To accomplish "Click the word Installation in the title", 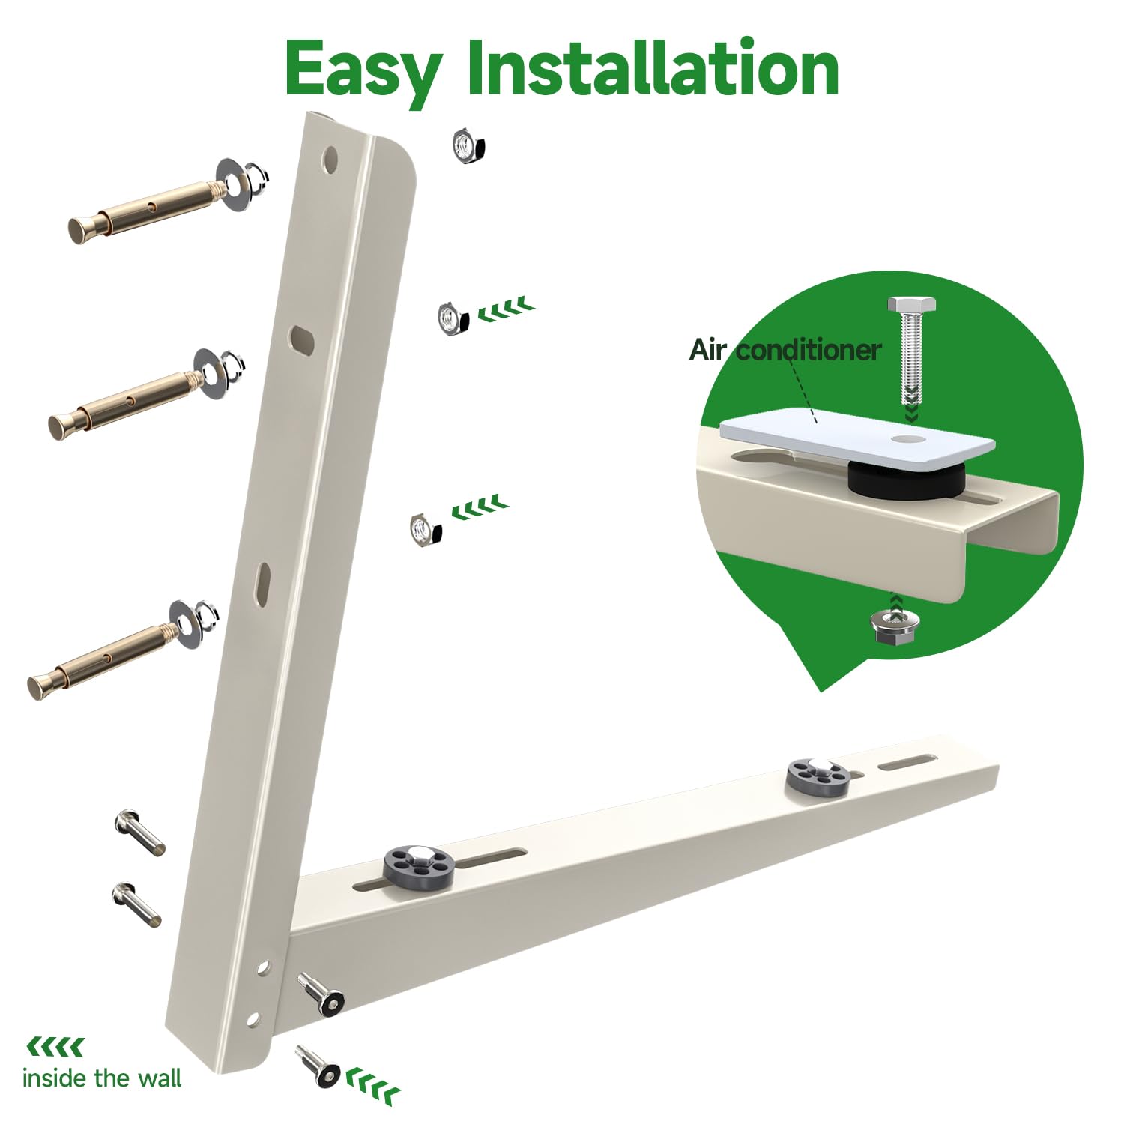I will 652,69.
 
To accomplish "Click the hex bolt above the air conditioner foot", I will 911,352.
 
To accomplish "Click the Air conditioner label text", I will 784,350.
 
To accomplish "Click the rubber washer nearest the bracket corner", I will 418,865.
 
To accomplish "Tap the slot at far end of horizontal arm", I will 907,763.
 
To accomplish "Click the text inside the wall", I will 102,1078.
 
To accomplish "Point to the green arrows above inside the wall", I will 55,1047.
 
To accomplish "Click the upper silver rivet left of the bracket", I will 139,832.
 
